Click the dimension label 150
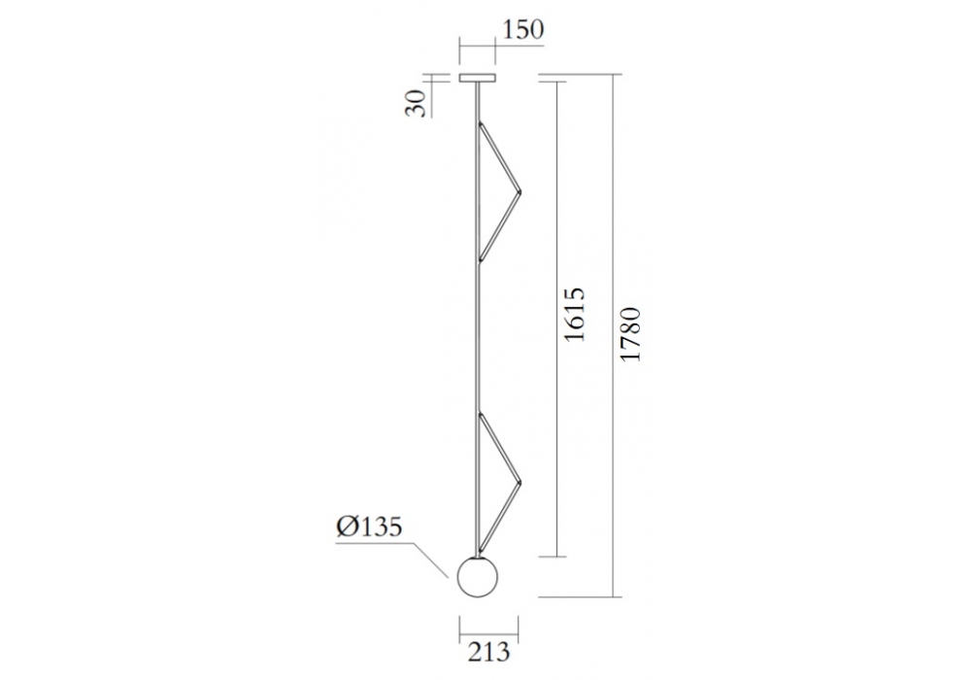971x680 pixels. (522, 29)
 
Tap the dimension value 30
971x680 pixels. (417, 103)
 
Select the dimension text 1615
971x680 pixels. (574, 314)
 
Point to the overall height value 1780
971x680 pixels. (631, 334)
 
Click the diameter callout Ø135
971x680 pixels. (369, 527)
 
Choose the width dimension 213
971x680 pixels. (488, 652)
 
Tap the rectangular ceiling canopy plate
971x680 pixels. (477, 79)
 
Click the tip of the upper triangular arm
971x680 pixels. (520, 192)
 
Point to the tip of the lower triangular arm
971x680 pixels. (520, 483)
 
